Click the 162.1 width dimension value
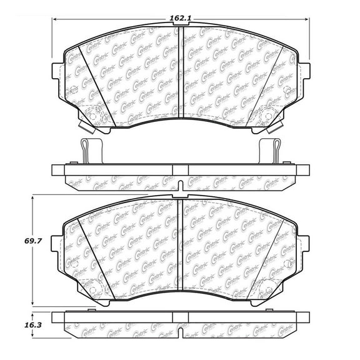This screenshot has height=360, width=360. tap(181, 19)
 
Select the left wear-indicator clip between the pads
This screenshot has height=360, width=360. tap(86, 150)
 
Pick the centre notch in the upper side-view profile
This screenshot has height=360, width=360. tap(181, 182)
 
